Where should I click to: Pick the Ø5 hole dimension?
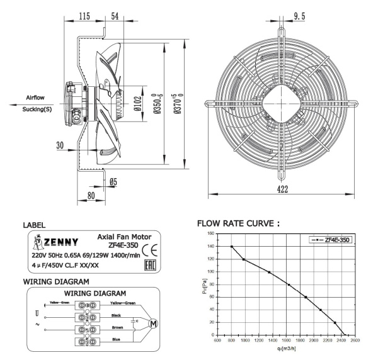pos(113,183)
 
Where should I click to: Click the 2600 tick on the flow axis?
pos(355,340)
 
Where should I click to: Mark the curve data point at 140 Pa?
pos(232,246)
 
